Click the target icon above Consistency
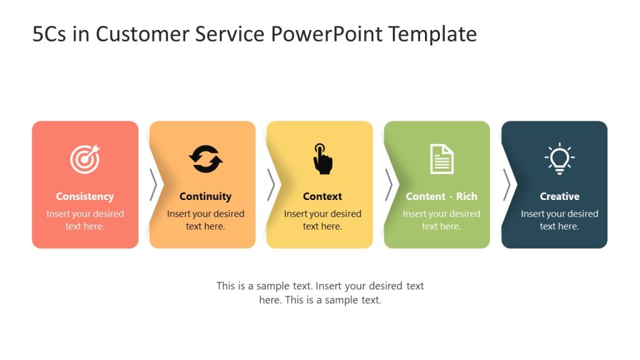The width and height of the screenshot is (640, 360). [84, 159]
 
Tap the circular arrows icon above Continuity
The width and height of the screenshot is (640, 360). [206, 159]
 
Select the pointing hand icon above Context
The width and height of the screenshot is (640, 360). [322, 159]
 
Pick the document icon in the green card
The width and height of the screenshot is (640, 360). [441, 159]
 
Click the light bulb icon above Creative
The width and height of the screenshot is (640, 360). [559, 158]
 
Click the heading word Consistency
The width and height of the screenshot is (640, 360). [84, 196]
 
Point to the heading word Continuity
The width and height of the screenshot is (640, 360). [205, 196]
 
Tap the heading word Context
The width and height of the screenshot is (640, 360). [322, 196]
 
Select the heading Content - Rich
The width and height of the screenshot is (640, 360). [441, 196]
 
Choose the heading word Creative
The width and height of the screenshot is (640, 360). [559, 196]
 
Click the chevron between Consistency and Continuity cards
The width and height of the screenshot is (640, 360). [153, 185]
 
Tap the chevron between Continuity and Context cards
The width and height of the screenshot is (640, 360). [271, 185]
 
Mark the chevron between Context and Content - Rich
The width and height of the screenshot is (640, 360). [388, 185]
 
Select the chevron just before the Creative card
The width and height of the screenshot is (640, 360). [506, 185]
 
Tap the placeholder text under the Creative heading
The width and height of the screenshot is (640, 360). [559, 220]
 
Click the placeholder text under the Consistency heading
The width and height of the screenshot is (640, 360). [85, 220]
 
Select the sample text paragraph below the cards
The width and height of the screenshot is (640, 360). [320, 292]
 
